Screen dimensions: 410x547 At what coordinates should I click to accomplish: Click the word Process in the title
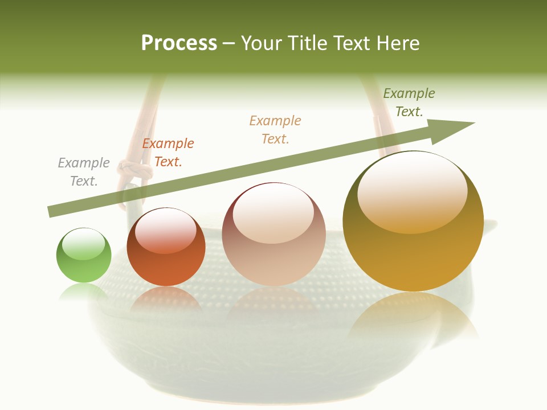point(179,43)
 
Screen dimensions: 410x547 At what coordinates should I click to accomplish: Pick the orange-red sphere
point(166,248)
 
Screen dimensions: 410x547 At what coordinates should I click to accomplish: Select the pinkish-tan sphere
point(273,235)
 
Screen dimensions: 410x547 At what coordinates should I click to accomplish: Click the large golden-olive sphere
point(413,222)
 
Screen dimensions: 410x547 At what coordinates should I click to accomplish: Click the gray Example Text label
point(84,172)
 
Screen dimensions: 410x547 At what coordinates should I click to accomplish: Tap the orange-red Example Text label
point(168,153)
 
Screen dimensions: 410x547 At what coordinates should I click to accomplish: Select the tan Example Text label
point(275,130)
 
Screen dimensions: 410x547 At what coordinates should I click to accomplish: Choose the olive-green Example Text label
point(409,102)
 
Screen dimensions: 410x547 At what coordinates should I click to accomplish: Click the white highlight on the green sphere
point(84,244)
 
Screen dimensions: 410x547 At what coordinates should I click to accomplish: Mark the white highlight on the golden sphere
point(413,191)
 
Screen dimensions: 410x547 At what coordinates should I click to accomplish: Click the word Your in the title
point(262,43)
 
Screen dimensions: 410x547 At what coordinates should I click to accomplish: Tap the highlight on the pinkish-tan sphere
point(273,214)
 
